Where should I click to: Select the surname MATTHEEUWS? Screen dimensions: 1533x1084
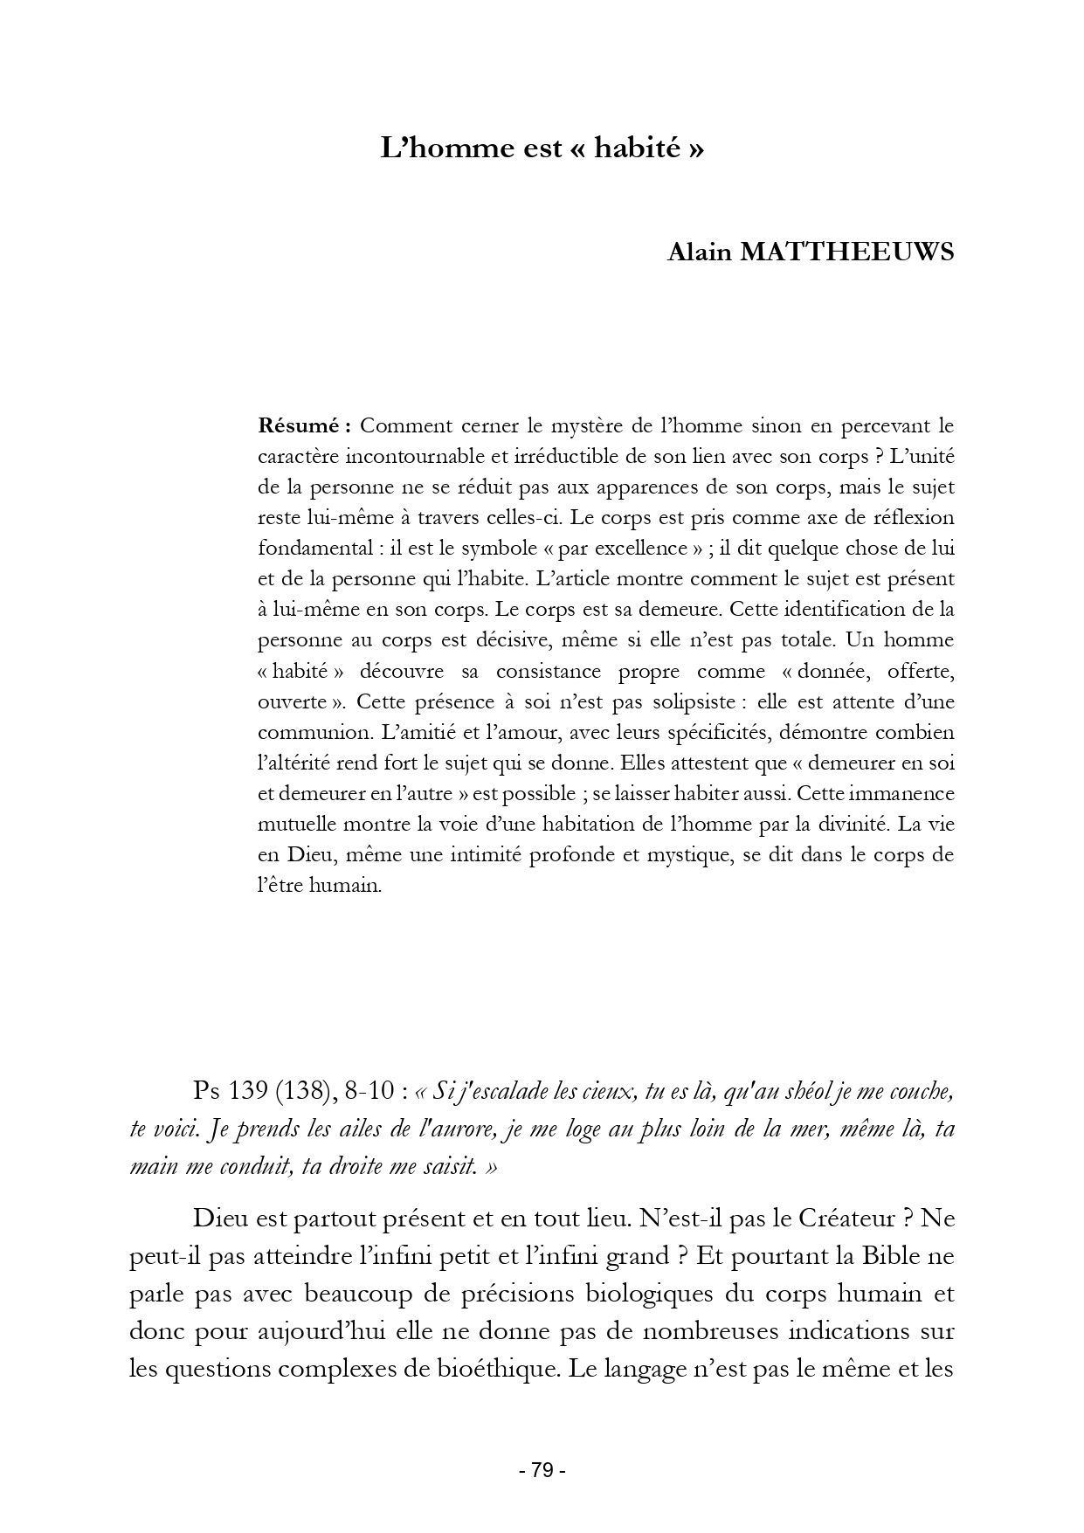click(847, 252)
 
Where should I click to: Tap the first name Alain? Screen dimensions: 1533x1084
click(700, 252)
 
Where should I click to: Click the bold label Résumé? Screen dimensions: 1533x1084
click(302, 425)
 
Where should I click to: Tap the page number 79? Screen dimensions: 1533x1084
click(542, 1470)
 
